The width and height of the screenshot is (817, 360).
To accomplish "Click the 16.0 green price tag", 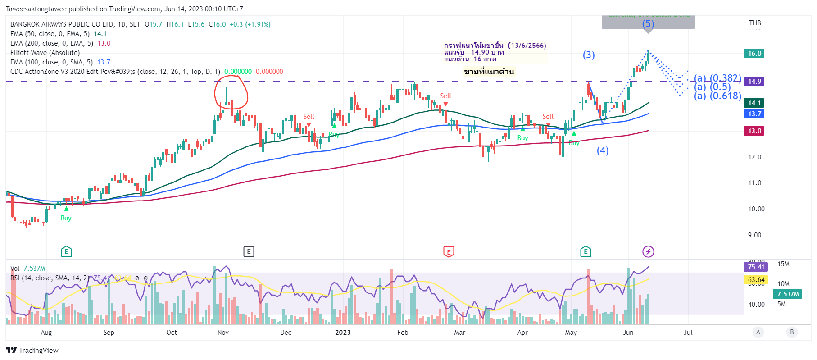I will click(754, 54).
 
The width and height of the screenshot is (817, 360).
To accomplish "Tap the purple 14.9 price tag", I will click(754, 82).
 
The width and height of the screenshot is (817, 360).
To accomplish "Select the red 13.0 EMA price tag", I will click(754, 131).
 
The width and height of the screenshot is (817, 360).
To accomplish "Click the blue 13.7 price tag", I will click(754, 114).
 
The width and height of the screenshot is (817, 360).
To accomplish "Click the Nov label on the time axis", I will click(223, 333).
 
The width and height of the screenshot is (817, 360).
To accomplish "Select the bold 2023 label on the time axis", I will click(343, 333).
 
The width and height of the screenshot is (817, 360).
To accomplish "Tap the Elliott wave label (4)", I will click(603, 150).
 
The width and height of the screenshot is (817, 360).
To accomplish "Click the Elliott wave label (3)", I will click(589, 55).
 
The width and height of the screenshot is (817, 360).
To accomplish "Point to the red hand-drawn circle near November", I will click(231, 92).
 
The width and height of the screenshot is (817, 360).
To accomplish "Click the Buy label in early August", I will click(66, 218).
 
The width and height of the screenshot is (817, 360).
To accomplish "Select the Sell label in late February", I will click(445, 96).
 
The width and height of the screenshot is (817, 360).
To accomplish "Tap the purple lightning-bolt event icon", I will click(648, 251).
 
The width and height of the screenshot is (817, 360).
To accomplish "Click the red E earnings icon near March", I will click(449, 251).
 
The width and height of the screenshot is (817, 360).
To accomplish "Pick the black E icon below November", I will click(249, 251).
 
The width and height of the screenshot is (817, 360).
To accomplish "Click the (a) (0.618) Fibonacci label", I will click(717, 96).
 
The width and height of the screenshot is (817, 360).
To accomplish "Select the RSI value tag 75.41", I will click(756, 267).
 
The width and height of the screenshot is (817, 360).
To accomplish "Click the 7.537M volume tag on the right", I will click(788, 294).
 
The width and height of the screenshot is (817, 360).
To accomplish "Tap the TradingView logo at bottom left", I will click(32, 351).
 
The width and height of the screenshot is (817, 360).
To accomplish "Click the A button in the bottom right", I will click(758, 333).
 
